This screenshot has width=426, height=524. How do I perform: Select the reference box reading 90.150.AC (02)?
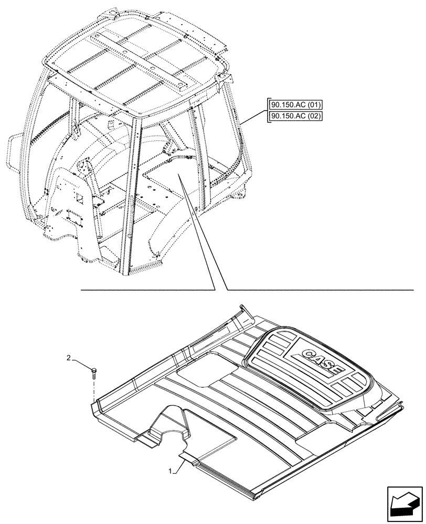coord(295,116)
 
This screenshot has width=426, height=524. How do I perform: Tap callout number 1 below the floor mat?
coord(171,472)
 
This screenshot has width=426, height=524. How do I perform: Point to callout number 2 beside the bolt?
coord(69,358)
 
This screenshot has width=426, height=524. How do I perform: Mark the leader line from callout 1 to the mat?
coord(180,463)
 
